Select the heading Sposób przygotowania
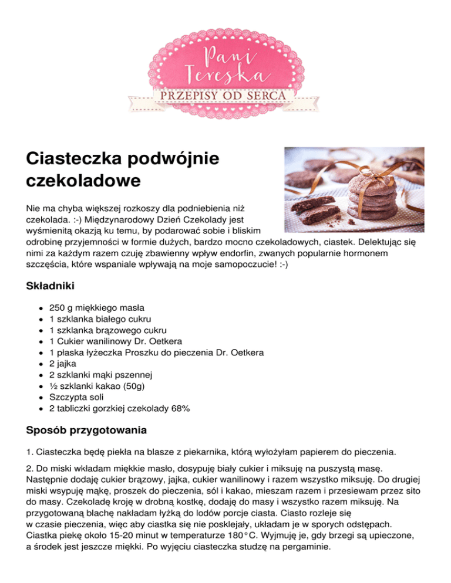(87, 431)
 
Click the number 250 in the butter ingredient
(57, 307)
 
